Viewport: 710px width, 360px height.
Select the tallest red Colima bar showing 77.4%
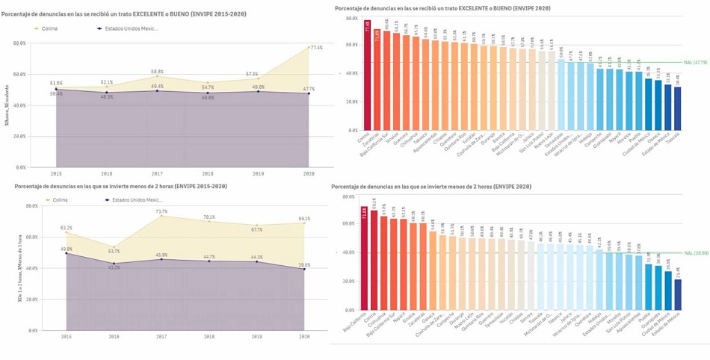point(368,75)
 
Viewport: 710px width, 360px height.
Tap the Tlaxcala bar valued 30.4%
point(677,108)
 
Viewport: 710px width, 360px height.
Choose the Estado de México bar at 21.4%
point(677,294)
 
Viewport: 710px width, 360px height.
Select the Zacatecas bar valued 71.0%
point(377,80)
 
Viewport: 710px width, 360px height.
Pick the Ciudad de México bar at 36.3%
point(648,104)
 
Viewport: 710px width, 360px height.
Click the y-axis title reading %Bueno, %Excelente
point(7,106)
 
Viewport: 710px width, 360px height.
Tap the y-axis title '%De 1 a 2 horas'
point(7,266)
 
